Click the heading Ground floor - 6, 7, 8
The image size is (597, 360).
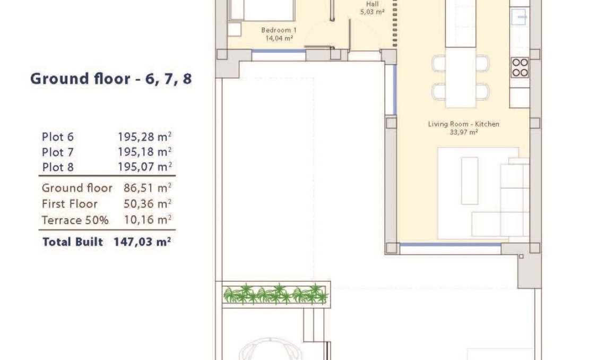(111, 79)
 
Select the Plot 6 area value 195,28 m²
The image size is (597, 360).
(145, 136)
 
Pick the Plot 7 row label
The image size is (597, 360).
(58, 152)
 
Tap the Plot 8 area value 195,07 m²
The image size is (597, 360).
(145, 167)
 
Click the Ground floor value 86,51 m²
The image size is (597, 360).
(148, 188)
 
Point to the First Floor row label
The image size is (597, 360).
(70, 204)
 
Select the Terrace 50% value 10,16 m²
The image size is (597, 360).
(148, 220)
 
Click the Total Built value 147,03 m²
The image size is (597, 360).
(142, 242)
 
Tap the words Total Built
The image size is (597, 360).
(73, 242)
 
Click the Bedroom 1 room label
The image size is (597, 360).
(279, 30)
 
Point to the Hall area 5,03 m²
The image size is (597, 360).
(372, 12)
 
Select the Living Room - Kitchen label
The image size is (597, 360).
(463, 124)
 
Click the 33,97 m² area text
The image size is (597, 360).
(463, 132)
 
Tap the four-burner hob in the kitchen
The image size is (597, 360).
(520, 67)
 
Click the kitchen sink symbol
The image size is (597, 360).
(519, 16)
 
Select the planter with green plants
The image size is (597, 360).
(275, 294)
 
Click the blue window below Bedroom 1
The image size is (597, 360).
(279, 51)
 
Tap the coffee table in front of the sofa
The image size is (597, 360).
(470, 181)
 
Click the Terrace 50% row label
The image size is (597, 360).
(75, 220)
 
